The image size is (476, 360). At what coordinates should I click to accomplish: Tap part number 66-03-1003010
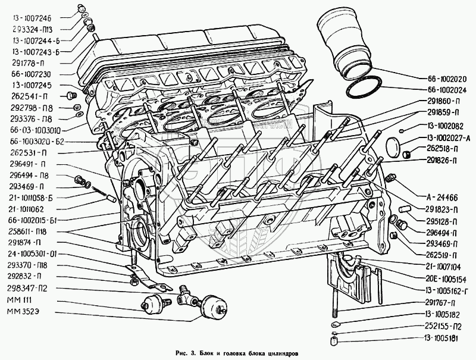coord(35,129)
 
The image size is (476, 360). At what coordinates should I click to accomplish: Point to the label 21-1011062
coord(28,209)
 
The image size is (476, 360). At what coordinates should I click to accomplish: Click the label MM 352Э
coord(23,312)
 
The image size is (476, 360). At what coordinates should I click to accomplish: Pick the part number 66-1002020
coord(445,78)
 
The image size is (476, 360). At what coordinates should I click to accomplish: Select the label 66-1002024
coord(445,89)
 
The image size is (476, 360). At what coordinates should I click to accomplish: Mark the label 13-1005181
coord(445,338)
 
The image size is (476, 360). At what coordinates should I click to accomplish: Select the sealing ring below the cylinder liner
coord(364,88)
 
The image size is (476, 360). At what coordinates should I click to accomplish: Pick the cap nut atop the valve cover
coord(81,8)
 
